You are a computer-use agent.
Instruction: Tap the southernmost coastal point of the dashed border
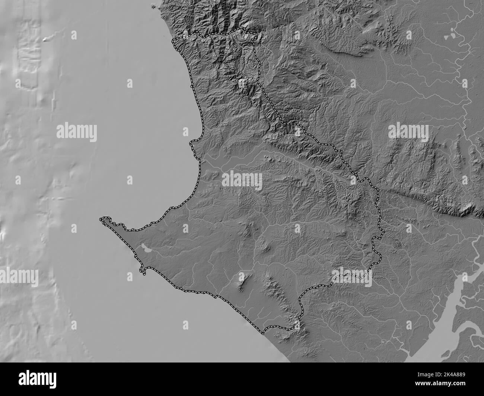coord(265,331)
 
